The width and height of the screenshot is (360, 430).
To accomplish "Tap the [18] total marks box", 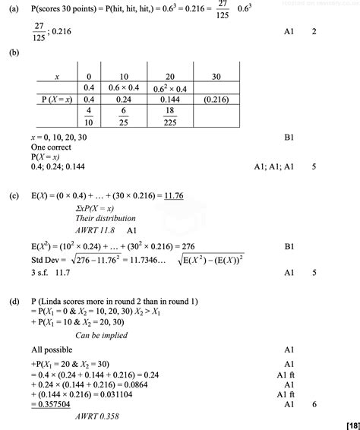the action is (x=351, y=424).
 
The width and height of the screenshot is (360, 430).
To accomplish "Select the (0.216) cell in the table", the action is (x=215, y=99).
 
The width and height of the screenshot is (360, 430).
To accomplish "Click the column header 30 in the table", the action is (x=215, y=77).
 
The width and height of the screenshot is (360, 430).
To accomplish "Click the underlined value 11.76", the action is (x=172, y=195).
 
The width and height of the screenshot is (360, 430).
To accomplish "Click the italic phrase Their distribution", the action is (x=104, y=218).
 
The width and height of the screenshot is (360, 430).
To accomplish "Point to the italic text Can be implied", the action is (x=102, y=335).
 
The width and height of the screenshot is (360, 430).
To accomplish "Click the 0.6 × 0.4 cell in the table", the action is (x=122, y=88).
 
